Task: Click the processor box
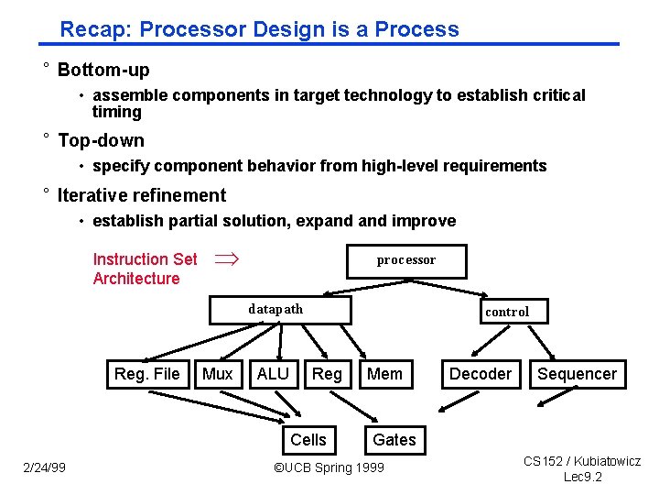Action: pos(406,260)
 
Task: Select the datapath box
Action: pos(280,310)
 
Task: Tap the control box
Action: pos(507,312)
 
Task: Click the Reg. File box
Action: pos(146,374)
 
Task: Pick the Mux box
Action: pos(218,374)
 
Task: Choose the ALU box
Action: pos(273,374)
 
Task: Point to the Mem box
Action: pos(384,374)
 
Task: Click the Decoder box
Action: pos(481,374)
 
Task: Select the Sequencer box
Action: pos(577,374)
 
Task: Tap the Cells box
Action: pos(308,440)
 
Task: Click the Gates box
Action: pos(394,440)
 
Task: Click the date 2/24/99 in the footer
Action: pos(45,468)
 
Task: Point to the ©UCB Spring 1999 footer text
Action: pos(329,468)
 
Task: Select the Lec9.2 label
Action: pos(582,478)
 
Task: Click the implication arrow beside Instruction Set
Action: pos(225,259)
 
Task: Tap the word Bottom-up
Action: pos(103,71)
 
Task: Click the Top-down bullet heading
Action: pos(101,140)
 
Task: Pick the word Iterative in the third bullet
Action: pos(90,195)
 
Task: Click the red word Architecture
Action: pos(136,279)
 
